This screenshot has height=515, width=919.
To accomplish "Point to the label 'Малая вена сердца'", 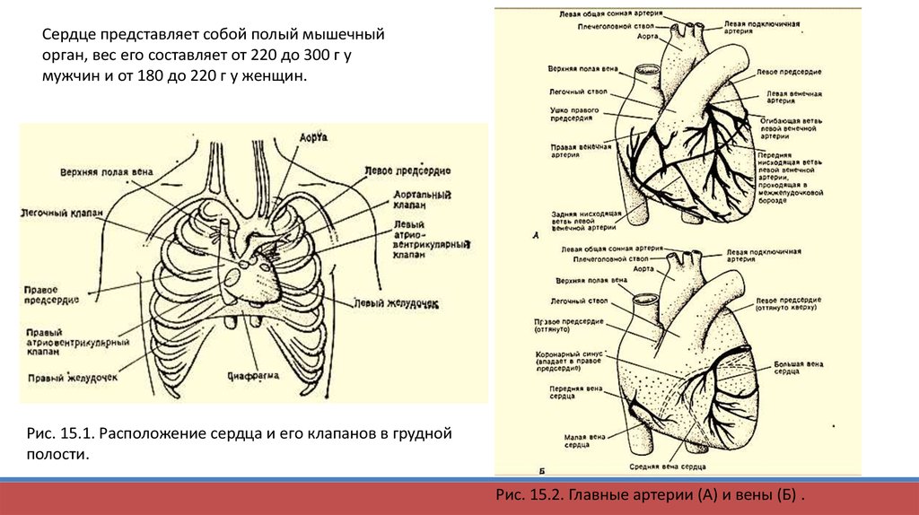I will (x=569, y=440).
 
